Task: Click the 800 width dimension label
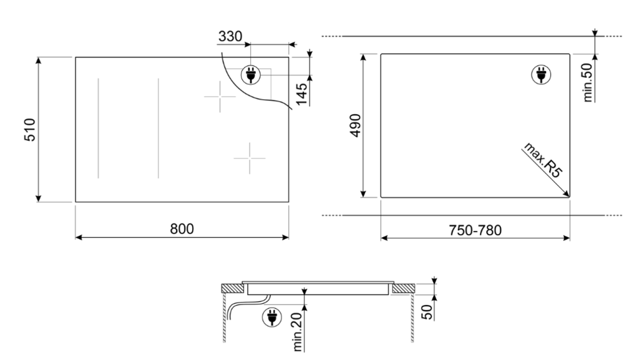[182, 229]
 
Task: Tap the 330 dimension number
[230, 37]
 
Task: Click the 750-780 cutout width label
[475, 230]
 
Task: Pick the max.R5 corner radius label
[541, 160]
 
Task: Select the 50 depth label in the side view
[427, 311]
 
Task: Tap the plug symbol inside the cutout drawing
[540, 74]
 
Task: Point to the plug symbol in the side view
[271, 317]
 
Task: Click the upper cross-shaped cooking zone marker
[220, 98]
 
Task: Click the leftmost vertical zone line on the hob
[98, 129]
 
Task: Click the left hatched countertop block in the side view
[234, 288]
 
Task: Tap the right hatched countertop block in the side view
[402, 288]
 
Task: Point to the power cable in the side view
[240, 308]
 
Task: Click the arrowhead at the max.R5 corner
[567, 194]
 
